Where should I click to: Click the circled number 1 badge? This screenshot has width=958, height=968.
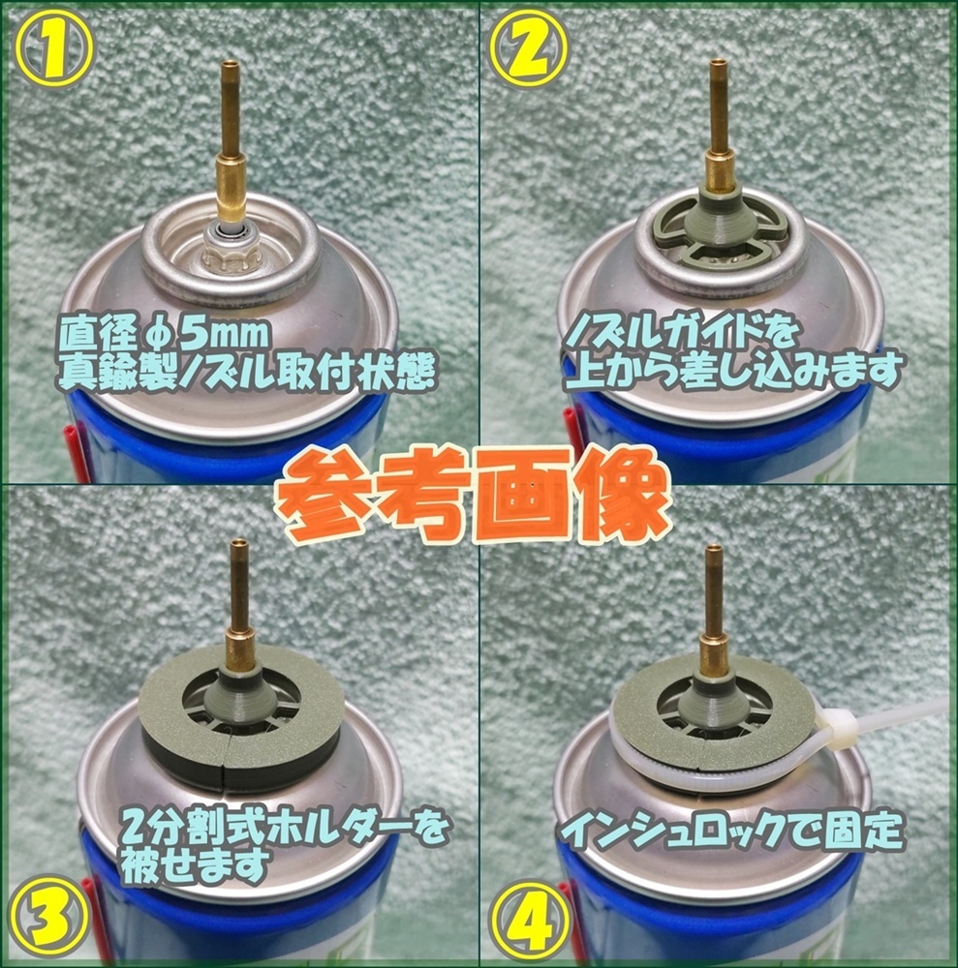coord(53,47)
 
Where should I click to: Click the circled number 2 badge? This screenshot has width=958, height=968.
coord(529,47)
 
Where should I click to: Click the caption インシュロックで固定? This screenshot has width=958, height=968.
coord(731,831)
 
